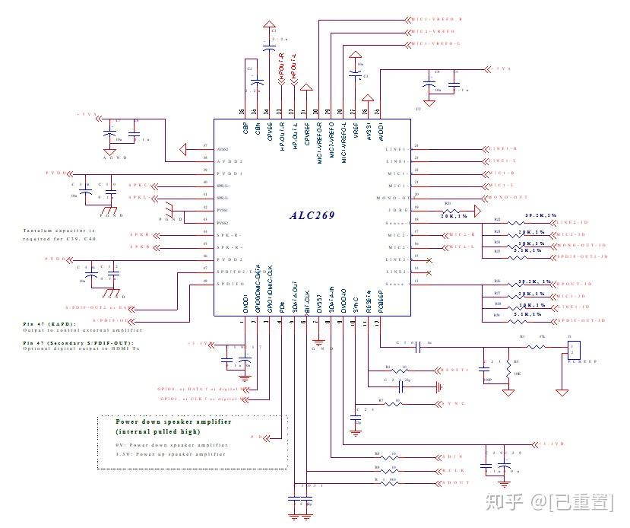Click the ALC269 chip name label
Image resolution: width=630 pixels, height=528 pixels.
coord(312,215)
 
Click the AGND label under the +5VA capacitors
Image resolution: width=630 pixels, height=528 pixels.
coord(113,157)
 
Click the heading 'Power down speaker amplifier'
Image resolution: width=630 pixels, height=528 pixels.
coord(174,421)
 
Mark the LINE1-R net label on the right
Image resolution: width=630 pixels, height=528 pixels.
coord(503,149)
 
